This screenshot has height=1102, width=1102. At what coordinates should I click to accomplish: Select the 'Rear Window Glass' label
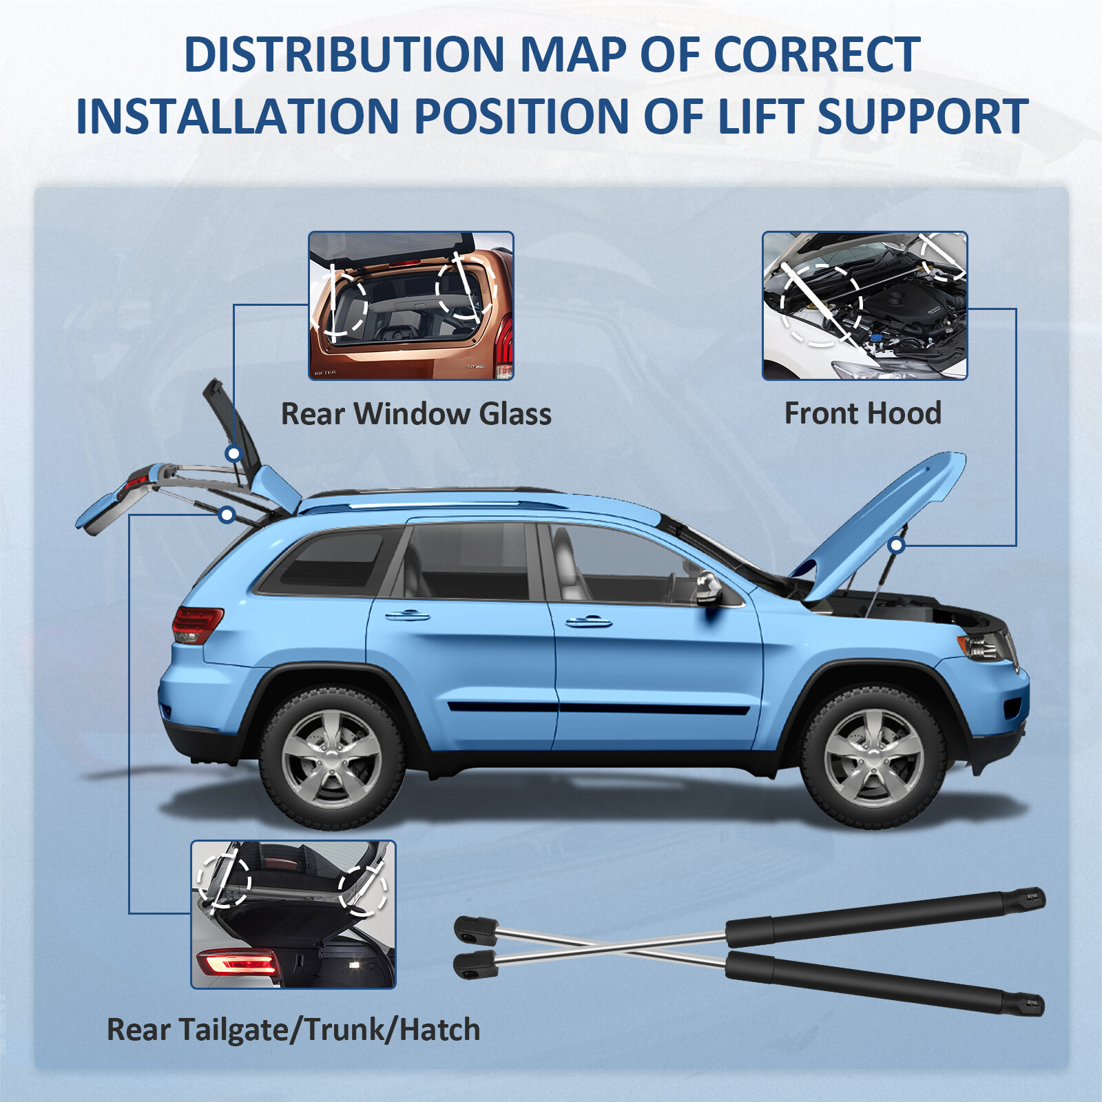click(x=416, y=414)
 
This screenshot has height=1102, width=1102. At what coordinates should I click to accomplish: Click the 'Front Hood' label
click(x=862, y=413)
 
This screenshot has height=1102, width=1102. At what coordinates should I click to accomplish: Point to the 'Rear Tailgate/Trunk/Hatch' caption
click(x=293, y=1030)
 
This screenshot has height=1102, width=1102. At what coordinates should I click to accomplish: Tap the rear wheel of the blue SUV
click(x=332, y=758)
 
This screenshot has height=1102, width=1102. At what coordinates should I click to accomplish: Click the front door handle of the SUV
click(x=588, y=622)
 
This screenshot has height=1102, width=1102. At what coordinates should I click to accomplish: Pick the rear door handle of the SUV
click(x=407, y=615)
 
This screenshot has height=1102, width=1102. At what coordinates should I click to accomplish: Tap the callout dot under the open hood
click(x=896, y=545)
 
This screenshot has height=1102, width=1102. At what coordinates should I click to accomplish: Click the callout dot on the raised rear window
click(x=233, y=453)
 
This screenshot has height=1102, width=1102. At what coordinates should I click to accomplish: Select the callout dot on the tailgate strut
click(x=227, y=514)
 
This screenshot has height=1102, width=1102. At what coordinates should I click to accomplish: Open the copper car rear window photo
click(x=411, y=305)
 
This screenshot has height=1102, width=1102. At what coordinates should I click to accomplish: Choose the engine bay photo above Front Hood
click(x=864, y=305)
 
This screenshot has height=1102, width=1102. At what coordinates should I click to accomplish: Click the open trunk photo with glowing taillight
click(x=293, y=914)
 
